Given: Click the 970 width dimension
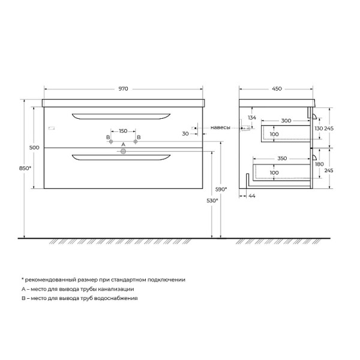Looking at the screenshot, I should click(x=123, y=89).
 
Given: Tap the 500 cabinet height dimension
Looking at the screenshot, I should click(x=34, y=148).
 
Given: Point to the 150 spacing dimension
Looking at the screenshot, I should click(x=123, y=131).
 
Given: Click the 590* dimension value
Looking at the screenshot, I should click(x=221, y=189).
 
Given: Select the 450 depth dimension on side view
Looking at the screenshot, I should click(x=277, y=89).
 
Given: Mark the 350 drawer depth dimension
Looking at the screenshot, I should click(x=282, y=158).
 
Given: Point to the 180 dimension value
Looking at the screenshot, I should click(x=319, y=164).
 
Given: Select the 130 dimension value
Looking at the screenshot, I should click(x=319, y=128).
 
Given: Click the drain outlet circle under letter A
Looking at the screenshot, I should click(x=124, y=152).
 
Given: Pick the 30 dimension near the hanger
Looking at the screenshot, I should click(x=185, y=133).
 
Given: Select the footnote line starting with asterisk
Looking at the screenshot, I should click(x=103, y=280).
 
